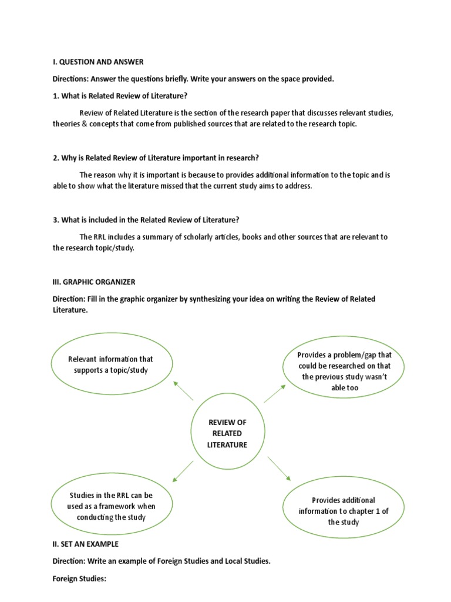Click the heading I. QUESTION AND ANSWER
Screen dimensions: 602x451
click(x=98, y=62)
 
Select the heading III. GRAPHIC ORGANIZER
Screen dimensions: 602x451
click(x=94, y=282)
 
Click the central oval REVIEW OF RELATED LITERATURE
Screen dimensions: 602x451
click(x=227, y=434)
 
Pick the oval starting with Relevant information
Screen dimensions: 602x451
click(x=112, y=364)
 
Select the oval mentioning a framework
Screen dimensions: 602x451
click(x=112, y=506)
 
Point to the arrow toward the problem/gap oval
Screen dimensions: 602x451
click(x=275, y=393)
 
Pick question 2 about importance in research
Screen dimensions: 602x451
click(x=156, y=158)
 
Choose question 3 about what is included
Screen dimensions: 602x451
click(x=146, y=220)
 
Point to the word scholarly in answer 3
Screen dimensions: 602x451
click(x=179, y=237)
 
